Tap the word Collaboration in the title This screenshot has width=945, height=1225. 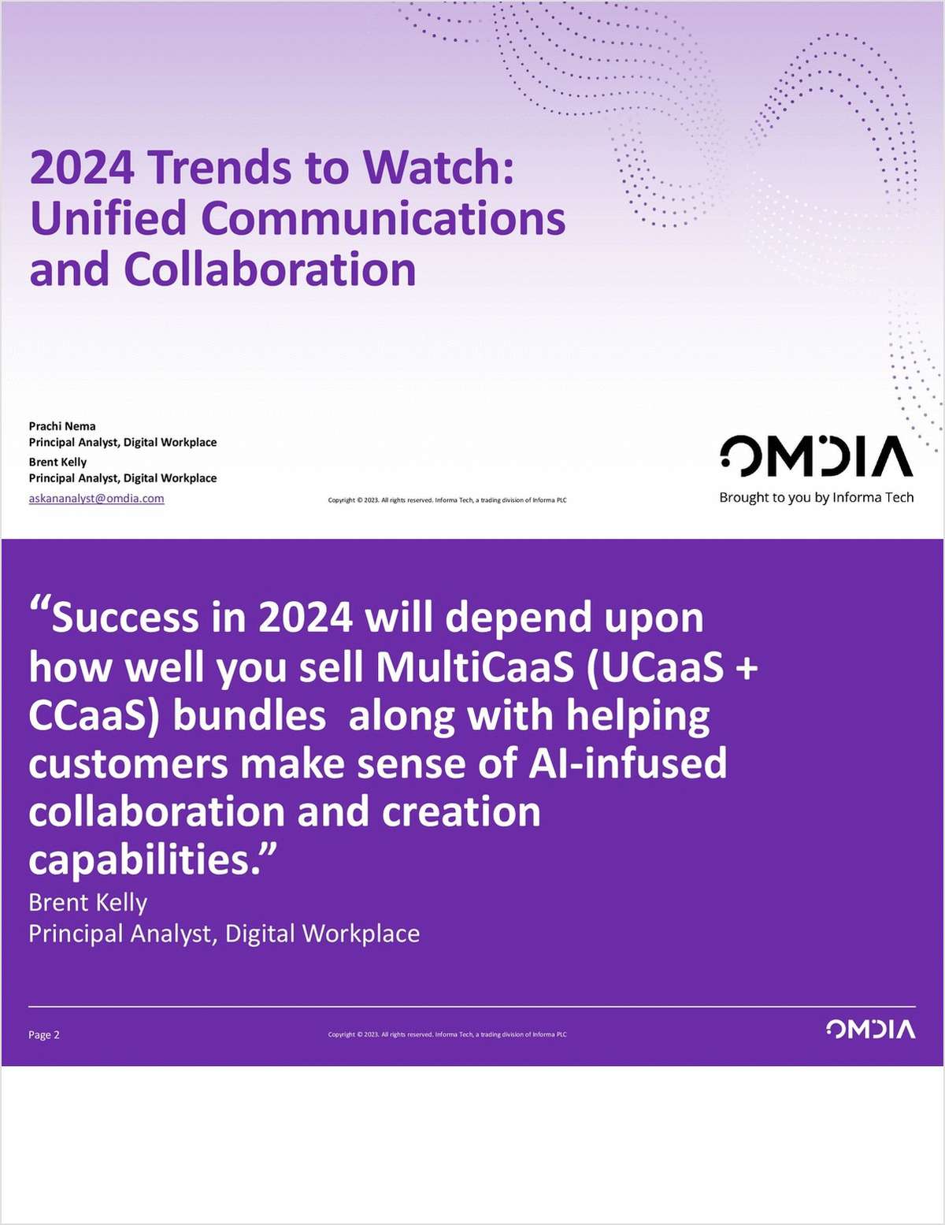(x=269, y=269)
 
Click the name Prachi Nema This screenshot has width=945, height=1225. (x=62, y=426)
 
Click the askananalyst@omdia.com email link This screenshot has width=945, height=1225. (x=96, y=498)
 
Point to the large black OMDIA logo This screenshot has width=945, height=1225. (x=816, y=457)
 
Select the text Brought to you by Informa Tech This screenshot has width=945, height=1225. (x=816, y=497)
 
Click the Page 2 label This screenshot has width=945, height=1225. (x=44, y=1034)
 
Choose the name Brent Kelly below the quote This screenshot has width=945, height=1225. (x=87, y=902)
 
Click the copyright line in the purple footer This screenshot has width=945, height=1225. (x=447, y=1034)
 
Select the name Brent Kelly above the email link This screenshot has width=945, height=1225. (x=57, y=462)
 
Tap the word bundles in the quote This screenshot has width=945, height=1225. (x=249, y=715)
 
